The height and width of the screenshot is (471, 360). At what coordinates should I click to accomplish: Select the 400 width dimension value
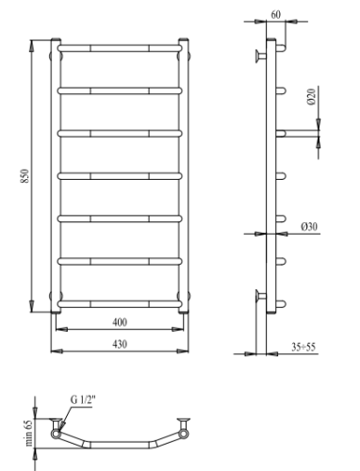pyautogui.click(x=120, y=321)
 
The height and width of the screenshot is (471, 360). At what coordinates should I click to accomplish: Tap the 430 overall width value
pyautogui.click(x=120, y=344)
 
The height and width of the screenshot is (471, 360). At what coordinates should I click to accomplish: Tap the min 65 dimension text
pyautogui.click(x=29, y=434)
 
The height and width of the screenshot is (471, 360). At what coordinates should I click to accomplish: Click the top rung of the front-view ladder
pyautogui.click(x=120, y=46)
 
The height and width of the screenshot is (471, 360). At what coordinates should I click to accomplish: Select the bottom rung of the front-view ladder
pyautogui.click(x=120, y=303)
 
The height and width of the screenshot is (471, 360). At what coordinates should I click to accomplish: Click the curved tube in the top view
pyautogui.click(x=120, y=446)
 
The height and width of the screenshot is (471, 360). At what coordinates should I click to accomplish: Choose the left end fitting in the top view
pyautogui.click(x=55, y=429)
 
